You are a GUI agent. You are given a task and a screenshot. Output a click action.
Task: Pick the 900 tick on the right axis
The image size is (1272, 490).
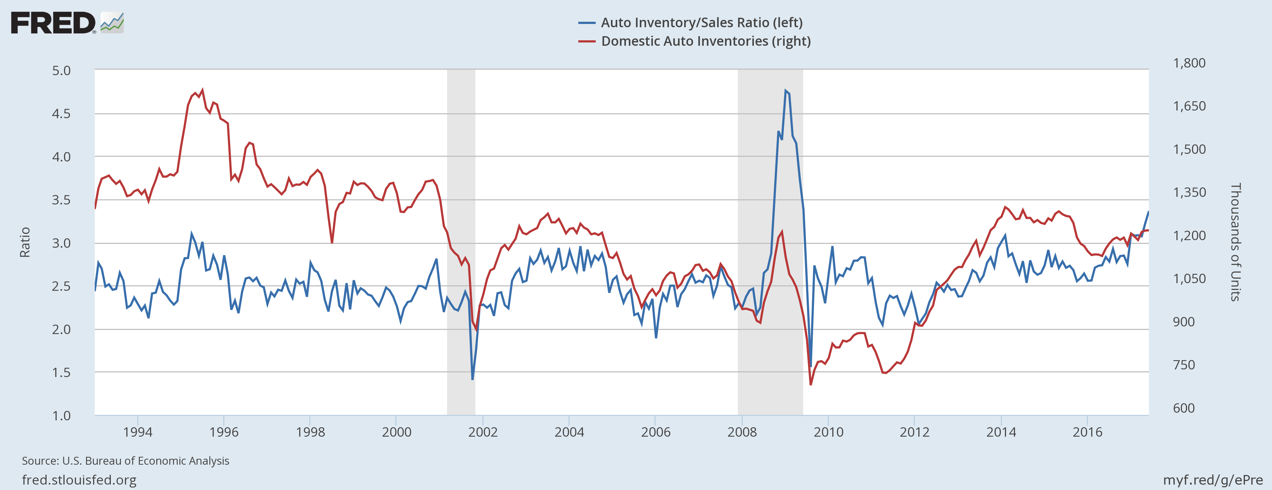pos(1184,322)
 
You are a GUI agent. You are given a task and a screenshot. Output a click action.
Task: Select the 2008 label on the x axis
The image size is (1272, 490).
pos(742,432)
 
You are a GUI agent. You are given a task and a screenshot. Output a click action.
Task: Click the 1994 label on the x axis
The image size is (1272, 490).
pos(138,432)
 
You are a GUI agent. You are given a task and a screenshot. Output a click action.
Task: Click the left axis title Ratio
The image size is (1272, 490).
pos(25,242)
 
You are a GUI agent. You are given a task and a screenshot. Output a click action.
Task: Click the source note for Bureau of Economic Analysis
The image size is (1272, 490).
pos(126,461)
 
